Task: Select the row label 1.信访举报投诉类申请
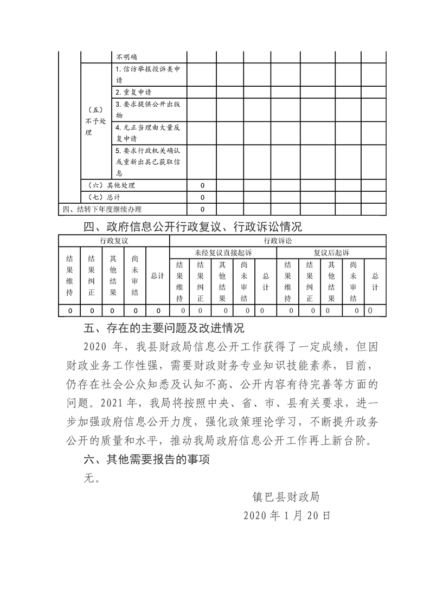click(149, 74)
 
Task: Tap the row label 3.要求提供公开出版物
click(149, 110)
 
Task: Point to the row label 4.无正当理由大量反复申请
click(149, 134)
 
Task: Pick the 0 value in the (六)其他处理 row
click(202, 185)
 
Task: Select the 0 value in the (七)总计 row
click(202, 197)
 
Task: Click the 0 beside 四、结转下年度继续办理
click(202, 209)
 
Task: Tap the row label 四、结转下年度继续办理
click(103, 209)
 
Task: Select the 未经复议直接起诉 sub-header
click(223, 253)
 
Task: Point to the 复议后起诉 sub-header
click(331, 253)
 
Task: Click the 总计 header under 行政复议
click(158, 276)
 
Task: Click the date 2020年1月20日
click(287, 515)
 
